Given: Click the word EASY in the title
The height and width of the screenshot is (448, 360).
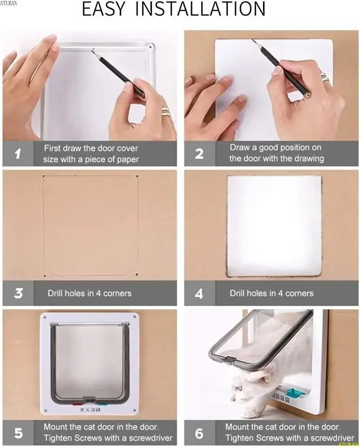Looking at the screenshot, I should pos(104,10).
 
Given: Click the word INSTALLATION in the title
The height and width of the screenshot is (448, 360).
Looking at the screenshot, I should pos(201,10).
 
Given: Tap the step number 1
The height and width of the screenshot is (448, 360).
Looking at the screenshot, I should pos(18,154).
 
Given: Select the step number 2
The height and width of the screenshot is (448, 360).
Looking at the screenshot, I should pos(199,154).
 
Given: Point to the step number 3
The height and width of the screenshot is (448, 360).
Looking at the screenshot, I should pos(18,293).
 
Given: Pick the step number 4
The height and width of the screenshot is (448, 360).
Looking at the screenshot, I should pos(199,293).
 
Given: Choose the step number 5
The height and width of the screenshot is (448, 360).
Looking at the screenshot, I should pos(18,432).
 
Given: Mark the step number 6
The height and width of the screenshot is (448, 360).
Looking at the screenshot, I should pos(199,432).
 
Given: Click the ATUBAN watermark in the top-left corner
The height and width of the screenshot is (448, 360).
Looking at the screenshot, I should pos(9,3).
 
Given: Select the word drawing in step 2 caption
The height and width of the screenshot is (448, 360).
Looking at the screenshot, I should pos(307,158).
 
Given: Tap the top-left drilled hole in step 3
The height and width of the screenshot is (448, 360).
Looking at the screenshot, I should pos(44,176).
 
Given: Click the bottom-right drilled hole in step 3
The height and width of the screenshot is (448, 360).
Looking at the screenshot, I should pos(137,274).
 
